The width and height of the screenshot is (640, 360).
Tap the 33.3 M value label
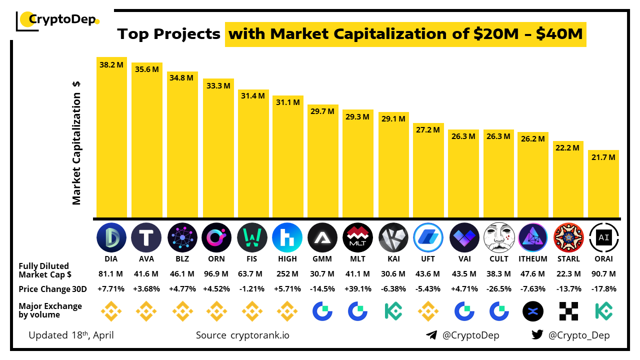pos(218,85)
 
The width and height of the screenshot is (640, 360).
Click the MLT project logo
pos(358,237)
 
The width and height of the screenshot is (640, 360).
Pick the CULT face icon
pos(499,237)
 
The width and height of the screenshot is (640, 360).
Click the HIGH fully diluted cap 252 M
pos(287,274)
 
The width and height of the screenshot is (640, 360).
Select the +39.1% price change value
pos(358,289)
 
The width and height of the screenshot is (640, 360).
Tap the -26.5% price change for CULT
pos(499,289)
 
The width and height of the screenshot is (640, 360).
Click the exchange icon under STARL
pos(569,311)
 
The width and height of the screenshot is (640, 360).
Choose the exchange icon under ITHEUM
pos(533,311)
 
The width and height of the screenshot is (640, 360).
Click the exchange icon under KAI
pos(393,311)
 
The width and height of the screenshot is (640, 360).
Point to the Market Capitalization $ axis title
pos(76,142)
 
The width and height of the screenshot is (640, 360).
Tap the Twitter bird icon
pos(537,335)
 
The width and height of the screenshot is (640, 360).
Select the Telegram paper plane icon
pos(431,335)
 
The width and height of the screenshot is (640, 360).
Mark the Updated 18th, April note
pos(71,335)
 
